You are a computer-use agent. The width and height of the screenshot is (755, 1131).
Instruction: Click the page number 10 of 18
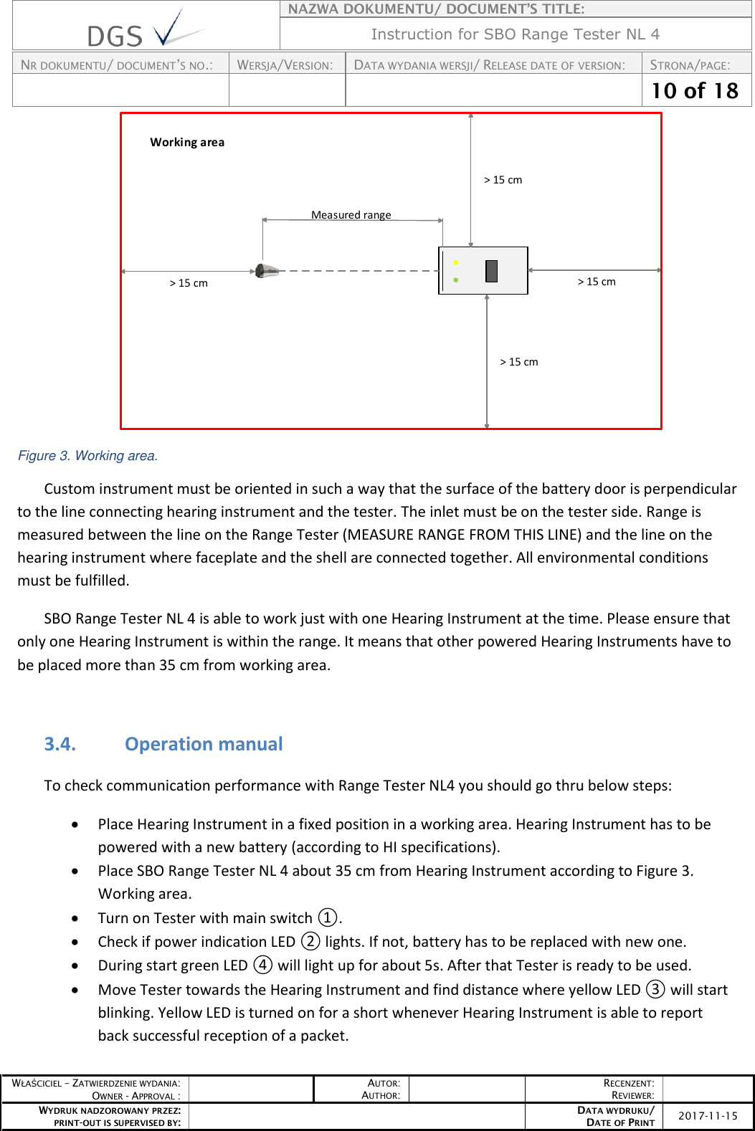tap(695, 91)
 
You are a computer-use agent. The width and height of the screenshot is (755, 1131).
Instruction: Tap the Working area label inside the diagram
tap(187, 142)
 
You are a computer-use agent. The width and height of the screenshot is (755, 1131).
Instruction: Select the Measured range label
tap(351, 214)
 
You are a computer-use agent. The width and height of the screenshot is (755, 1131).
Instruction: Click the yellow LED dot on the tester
tap(456, 262)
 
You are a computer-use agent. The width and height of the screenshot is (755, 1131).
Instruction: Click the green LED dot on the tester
tap(456, 280)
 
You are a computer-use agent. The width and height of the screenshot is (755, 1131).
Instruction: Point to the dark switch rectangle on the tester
tap(491, 271)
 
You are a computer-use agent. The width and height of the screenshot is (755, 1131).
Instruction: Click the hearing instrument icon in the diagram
tap(267, 271)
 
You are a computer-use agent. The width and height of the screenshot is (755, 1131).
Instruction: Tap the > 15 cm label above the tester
tap(503, 180)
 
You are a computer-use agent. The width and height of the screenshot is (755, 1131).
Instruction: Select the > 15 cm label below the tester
tap(519, 362)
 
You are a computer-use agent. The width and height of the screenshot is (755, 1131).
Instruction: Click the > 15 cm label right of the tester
tap(597, 282)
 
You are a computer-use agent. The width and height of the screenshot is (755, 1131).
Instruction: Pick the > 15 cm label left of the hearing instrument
tap(189, 283)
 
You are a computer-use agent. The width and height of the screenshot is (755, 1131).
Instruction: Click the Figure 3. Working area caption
tap(87, 456)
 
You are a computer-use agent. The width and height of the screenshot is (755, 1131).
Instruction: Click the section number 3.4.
tap(60, 744)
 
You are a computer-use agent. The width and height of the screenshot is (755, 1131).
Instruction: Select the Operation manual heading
tap(204, 744)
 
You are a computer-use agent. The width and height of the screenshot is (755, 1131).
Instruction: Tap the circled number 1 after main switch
tap(328, 917)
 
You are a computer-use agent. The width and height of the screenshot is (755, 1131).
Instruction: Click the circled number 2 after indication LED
tap(310, 941)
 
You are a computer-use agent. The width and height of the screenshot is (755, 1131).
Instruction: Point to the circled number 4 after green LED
tap(263, 965)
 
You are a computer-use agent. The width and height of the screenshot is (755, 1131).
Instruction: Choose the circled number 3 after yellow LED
tap(655, 989)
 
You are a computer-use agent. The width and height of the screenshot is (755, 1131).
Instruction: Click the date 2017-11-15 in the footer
tap(708, 1116)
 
